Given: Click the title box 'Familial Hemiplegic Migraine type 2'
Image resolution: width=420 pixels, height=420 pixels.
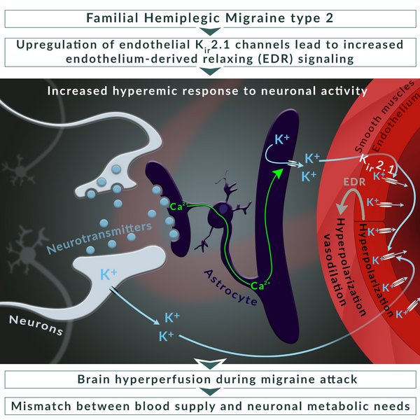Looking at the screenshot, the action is point(210,19).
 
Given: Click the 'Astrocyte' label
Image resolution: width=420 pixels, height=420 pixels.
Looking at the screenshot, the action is point(231,288).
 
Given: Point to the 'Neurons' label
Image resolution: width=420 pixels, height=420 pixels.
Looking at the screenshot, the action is point(36,325).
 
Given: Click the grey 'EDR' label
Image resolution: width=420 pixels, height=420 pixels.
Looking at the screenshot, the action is point(355,182).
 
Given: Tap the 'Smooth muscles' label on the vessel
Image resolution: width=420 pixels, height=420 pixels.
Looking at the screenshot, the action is point(385,115).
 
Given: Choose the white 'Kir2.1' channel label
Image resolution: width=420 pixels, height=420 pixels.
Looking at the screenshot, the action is point(377,164).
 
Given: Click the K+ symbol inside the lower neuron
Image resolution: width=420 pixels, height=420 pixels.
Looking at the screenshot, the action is point(108,274).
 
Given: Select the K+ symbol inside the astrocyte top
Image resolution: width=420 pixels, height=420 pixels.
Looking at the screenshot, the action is point(282,139).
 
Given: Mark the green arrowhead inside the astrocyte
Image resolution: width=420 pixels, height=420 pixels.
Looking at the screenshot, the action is point(279,174).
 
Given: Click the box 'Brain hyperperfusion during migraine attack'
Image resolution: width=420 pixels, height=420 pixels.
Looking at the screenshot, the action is point(210,379).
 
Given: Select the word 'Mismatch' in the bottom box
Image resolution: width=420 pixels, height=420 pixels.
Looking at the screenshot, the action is point(41,406).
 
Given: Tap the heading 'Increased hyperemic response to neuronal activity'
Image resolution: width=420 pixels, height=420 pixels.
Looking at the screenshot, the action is point(207,91).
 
